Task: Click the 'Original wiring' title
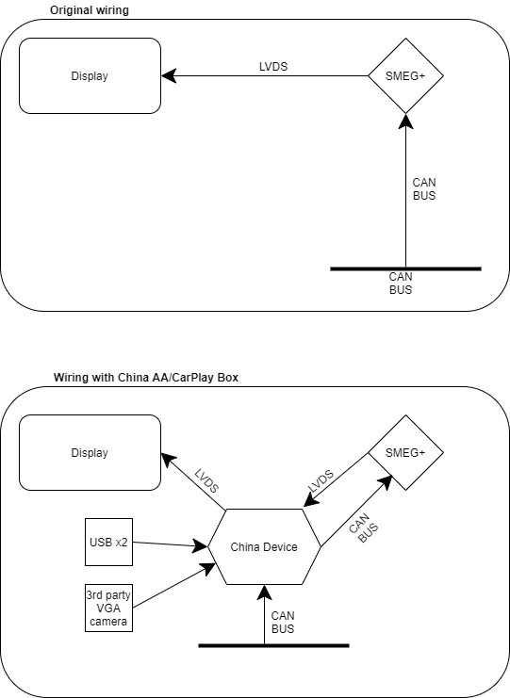click(89, 10)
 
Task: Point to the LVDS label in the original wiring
click(273, 67)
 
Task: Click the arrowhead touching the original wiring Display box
click(169, 75)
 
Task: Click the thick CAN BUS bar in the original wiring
click(405, 268)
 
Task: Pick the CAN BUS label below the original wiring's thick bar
click(401, 284)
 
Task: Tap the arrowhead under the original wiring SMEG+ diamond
click(405, 122)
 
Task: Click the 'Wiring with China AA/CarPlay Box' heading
click(146, 378)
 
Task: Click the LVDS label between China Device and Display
click(206, 481)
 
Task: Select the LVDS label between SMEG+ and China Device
click(321, 480)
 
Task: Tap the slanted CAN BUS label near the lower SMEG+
click(364, 528)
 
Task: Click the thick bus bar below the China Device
click(273, 645)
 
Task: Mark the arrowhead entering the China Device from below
click(264, 592)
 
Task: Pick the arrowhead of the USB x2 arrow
click(200, 545)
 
